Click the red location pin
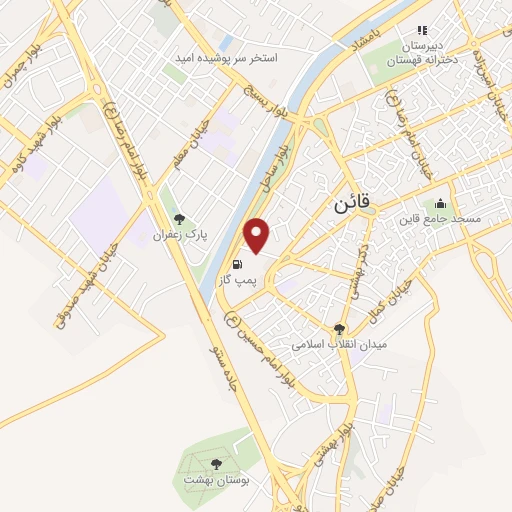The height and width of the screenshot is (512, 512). (x=258, y=234)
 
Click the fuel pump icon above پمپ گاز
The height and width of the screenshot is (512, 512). (x=237, y=265)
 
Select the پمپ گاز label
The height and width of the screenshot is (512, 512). (x=238, y=282)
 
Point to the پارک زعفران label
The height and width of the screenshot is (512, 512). (x=179, y=235)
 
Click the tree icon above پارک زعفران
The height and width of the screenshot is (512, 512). (x=179, y=219)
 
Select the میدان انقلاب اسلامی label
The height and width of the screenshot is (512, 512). (x=338, y=343)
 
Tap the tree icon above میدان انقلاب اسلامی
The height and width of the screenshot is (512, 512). (x=340, y=327)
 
